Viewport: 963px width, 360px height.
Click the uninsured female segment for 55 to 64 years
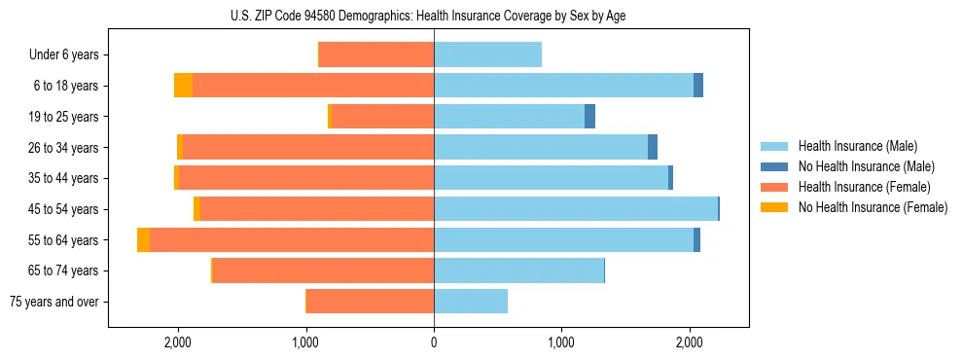click(x=143, y=240)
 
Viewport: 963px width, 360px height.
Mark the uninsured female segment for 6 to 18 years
click(x=183, y=86)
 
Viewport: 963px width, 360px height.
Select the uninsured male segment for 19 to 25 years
click(x=589, y=117)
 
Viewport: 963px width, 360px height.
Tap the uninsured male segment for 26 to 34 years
click(x=653, y=147)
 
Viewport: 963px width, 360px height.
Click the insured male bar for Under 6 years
click(x=487, y=55)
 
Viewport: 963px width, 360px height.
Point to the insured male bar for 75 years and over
click(x=471, y=302)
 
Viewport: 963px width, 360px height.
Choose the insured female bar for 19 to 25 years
click(x=383, y=117)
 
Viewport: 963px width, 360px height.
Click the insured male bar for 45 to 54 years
click(x=576, y=209)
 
